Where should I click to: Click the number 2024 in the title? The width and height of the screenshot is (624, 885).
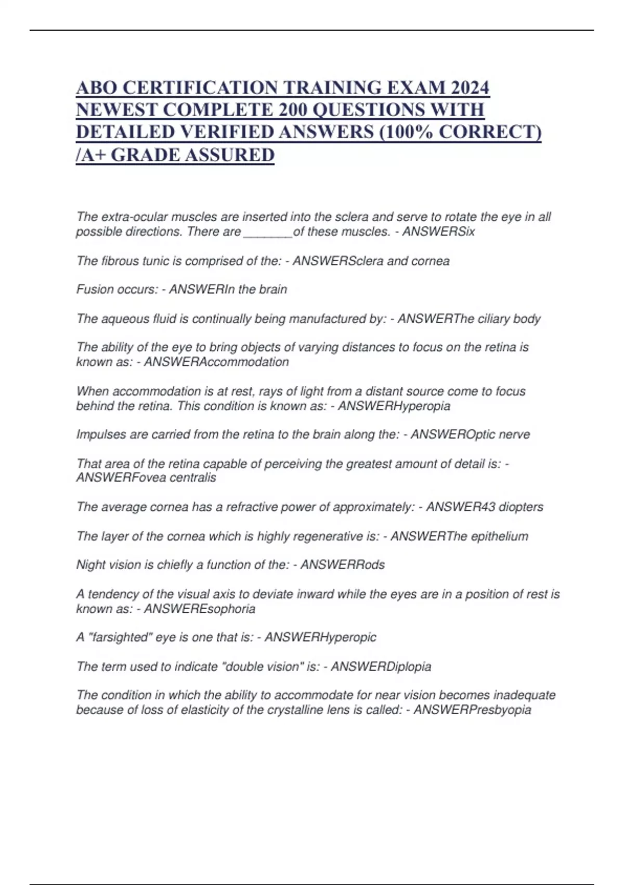[x=470, y=87]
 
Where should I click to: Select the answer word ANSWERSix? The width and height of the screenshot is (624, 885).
[x=438, y=232]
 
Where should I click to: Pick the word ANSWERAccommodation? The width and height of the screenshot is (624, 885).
[x=216, y=362]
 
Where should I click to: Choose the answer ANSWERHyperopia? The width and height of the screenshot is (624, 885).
[x=394, y=406]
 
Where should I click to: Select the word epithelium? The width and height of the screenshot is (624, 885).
[x=500, y=536]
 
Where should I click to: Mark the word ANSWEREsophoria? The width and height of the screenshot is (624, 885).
[x=199, y=609]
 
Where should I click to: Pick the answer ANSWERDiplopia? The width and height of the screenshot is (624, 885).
[x=381, y=666]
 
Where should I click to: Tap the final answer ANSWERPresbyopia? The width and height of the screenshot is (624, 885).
[x=472, y=710]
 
